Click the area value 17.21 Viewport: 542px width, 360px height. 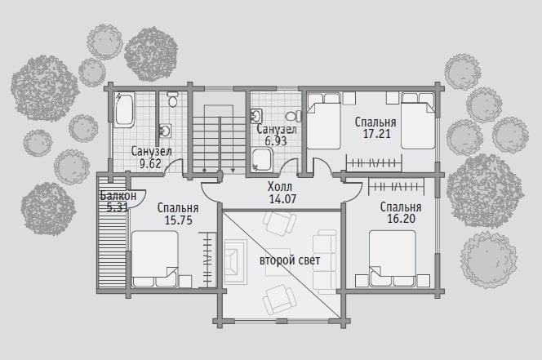377,134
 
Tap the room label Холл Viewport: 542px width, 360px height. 280,187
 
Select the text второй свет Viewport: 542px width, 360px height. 290,260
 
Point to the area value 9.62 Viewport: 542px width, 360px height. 150,163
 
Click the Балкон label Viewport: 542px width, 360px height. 118,196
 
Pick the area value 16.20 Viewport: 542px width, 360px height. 402,219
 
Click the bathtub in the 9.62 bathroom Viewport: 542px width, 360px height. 124,110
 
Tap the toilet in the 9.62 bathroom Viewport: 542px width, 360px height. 172,100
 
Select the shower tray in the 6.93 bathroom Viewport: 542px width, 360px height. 262,159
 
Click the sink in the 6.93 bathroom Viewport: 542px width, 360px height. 256,116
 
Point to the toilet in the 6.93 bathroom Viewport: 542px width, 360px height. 293,116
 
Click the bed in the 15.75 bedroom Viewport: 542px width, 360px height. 155,259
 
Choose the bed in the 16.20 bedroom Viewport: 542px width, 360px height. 393,258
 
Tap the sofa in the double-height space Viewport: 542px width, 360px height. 325,262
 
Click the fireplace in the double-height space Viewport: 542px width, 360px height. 236,261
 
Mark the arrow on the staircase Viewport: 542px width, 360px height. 233,144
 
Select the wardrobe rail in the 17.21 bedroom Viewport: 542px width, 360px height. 374,163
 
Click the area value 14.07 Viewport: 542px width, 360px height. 282,199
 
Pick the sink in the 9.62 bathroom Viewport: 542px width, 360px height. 165,131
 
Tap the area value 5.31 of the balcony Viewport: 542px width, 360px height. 118,207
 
